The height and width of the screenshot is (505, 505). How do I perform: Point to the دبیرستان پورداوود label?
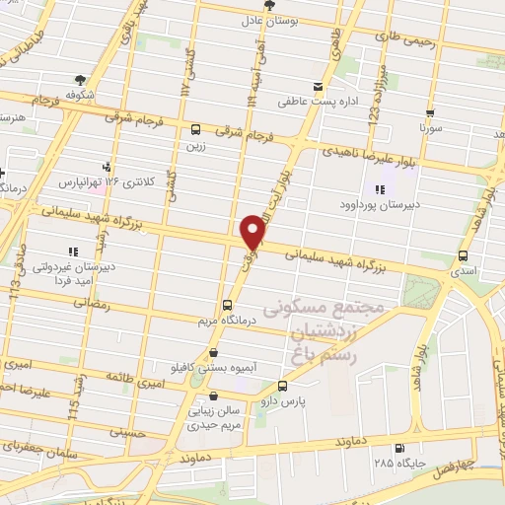click(x=383, y=206)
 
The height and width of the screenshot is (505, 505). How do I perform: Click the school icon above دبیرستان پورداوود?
click(x=381, y=189)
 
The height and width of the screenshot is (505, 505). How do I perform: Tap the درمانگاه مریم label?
click(x=227, y=321)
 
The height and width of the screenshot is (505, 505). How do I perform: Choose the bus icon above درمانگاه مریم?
click(x=227, y=305)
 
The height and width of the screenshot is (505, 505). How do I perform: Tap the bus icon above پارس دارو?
click(x=283, y=386)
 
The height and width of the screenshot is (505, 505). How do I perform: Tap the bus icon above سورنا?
click(x=430, y=111)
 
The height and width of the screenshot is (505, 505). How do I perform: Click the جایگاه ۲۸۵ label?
click(x=397, y=462)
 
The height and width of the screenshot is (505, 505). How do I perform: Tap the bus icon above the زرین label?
click(x=196, y=128)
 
